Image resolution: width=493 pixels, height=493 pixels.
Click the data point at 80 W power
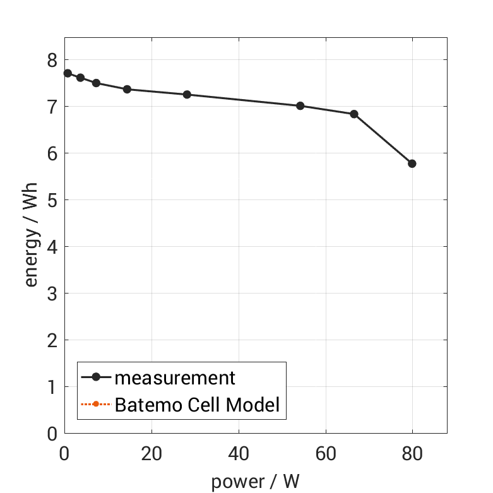coord(412,163)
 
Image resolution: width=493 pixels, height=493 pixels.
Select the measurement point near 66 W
coord(354,114)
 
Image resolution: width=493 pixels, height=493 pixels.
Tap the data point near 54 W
coord(300,106)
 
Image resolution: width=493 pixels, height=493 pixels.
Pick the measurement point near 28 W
coord(187,95)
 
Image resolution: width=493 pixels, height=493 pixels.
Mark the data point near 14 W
coord(127,90)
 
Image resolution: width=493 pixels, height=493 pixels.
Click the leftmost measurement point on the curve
coord(68,73)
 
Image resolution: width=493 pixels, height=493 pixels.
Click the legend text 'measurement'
coord(175,378)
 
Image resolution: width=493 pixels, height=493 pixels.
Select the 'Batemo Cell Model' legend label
coord(197,404)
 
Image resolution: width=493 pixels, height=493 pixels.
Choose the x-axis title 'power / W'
coord(255,482)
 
